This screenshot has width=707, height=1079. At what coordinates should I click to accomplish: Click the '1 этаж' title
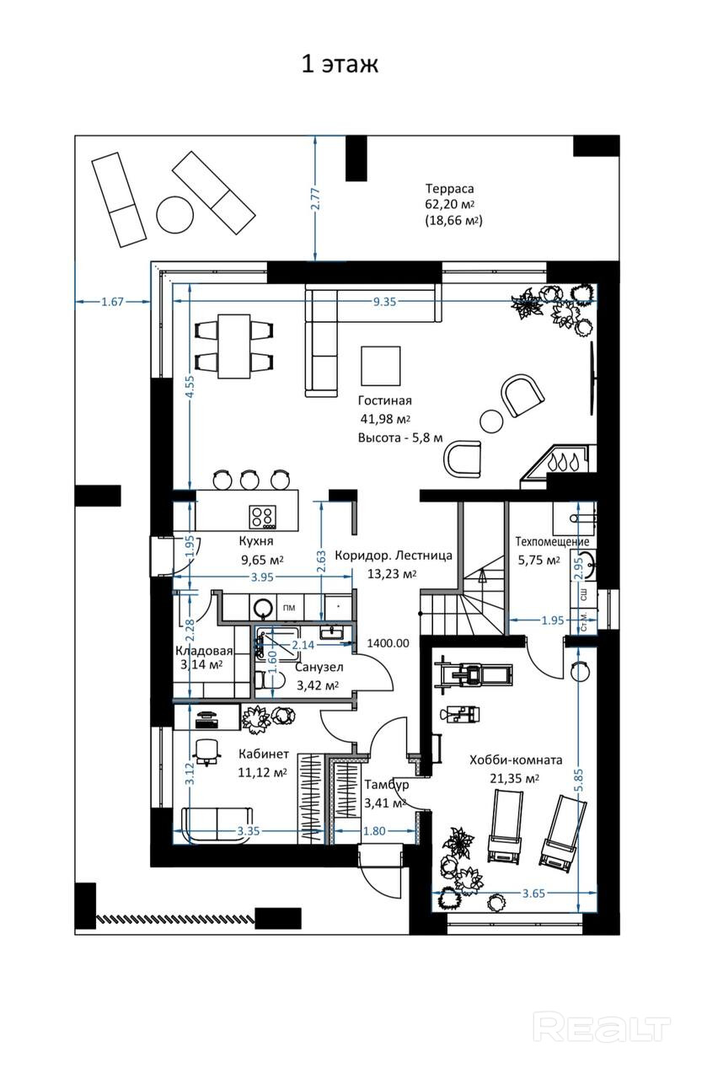coord(340,64)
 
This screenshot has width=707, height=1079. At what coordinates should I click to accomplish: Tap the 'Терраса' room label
coord(449,188)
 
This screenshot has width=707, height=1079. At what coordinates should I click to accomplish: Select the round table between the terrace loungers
coord(175,214)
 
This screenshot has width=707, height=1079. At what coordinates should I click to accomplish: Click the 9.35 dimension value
coord(384,302)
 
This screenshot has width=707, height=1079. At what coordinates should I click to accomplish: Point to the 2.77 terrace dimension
coord(315,198)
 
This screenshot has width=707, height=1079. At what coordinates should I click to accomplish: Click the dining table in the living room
coord(234,346)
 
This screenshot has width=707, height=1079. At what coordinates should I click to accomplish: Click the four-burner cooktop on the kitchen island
coord(263,516)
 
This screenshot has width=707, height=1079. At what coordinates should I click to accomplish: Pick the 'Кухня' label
coord(255,541)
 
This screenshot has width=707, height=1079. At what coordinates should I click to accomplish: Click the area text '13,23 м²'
coord(392,574)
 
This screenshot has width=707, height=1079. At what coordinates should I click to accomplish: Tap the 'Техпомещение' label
coord(552,541)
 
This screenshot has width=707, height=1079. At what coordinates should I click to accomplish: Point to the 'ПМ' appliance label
coord(289,608)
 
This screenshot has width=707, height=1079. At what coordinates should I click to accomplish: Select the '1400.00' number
coord(388,643)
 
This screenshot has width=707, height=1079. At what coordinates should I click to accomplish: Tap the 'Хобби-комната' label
coord(516,760)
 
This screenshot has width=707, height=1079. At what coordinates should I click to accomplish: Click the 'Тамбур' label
coord(387,785)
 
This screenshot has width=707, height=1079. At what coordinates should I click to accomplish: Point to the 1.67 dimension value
coord(112,302)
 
